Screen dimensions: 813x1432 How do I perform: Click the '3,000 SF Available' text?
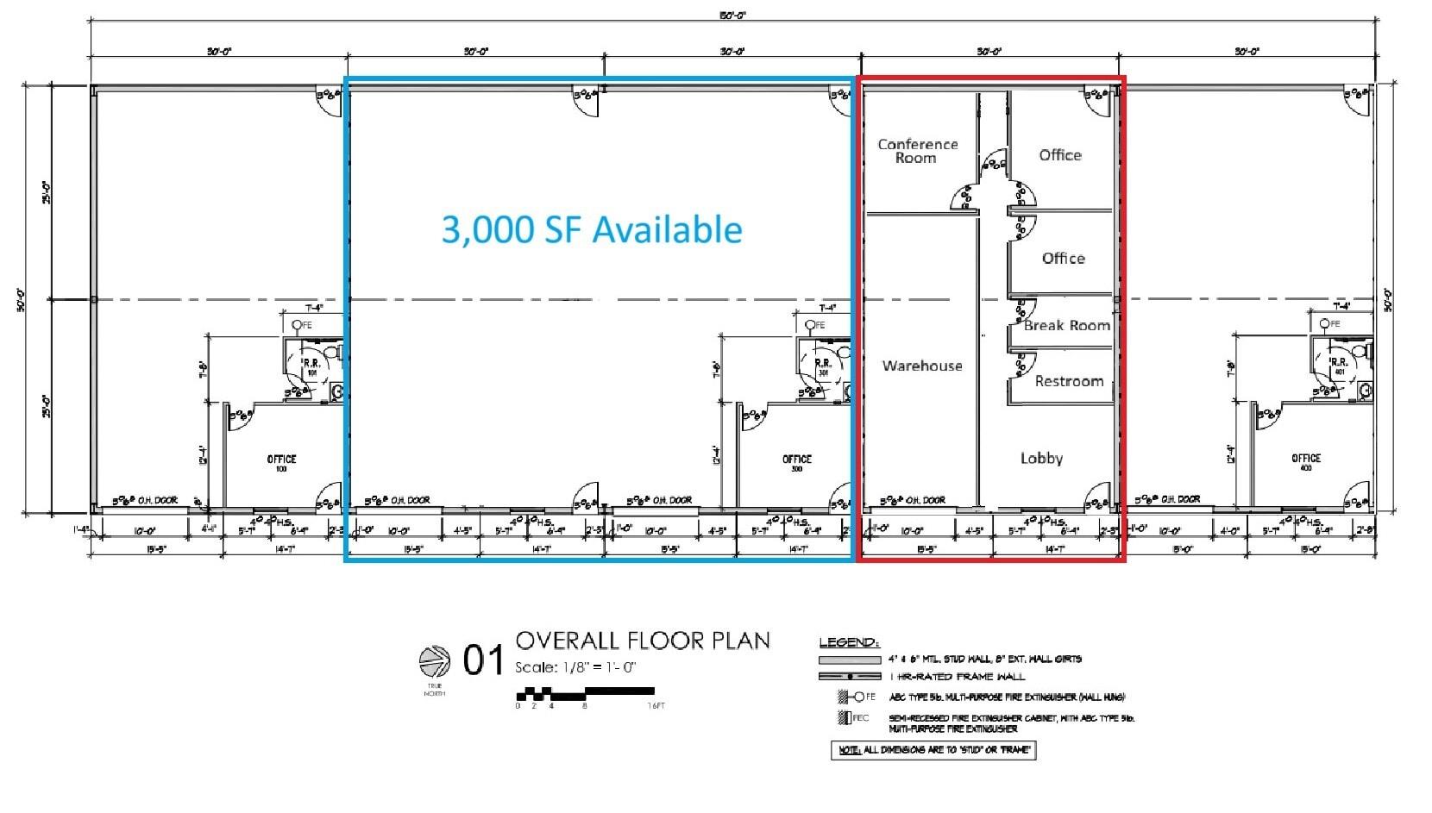592,229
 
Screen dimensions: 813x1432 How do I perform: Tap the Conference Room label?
917,151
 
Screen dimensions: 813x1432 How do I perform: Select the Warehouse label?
921,366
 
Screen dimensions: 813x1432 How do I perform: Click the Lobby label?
1041,458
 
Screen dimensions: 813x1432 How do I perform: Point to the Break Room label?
1066,325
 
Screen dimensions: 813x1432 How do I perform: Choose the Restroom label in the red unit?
1069,380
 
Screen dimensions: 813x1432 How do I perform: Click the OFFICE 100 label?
281,463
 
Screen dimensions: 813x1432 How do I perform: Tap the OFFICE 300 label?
796,463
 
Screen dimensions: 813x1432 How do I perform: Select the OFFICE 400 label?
1306,463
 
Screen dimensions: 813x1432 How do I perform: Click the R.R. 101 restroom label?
311,367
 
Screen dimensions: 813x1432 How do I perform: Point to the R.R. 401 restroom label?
1339,367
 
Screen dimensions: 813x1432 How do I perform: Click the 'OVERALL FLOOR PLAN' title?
643,641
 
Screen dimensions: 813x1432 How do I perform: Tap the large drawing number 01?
483,661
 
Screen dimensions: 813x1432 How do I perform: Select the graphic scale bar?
585,692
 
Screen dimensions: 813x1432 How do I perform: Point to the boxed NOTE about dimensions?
933,750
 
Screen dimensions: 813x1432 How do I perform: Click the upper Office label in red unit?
1060,155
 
